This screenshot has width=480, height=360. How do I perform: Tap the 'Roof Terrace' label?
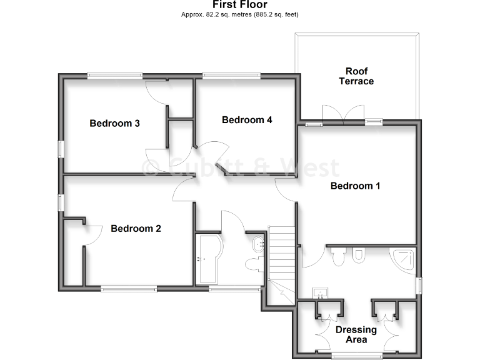356,76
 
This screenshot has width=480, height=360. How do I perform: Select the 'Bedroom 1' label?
355,186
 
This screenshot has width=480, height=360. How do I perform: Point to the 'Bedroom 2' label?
136,229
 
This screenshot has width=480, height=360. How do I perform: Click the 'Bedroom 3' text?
114,123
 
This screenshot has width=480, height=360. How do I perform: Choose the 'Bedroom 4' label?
247,120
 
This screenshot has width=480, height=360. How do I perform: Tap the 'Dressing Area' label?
356,334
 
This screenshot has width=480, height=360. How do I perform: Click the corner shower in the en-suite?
403,257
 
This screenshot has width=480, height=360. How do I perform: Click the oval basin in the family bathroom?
256,242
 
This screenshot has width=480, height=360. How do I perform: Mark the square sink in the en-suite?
321,292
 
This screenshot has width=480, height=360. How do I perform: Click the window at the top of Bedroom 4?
231,76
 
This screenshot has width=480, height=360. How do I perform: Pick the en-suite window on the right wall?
419,285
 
